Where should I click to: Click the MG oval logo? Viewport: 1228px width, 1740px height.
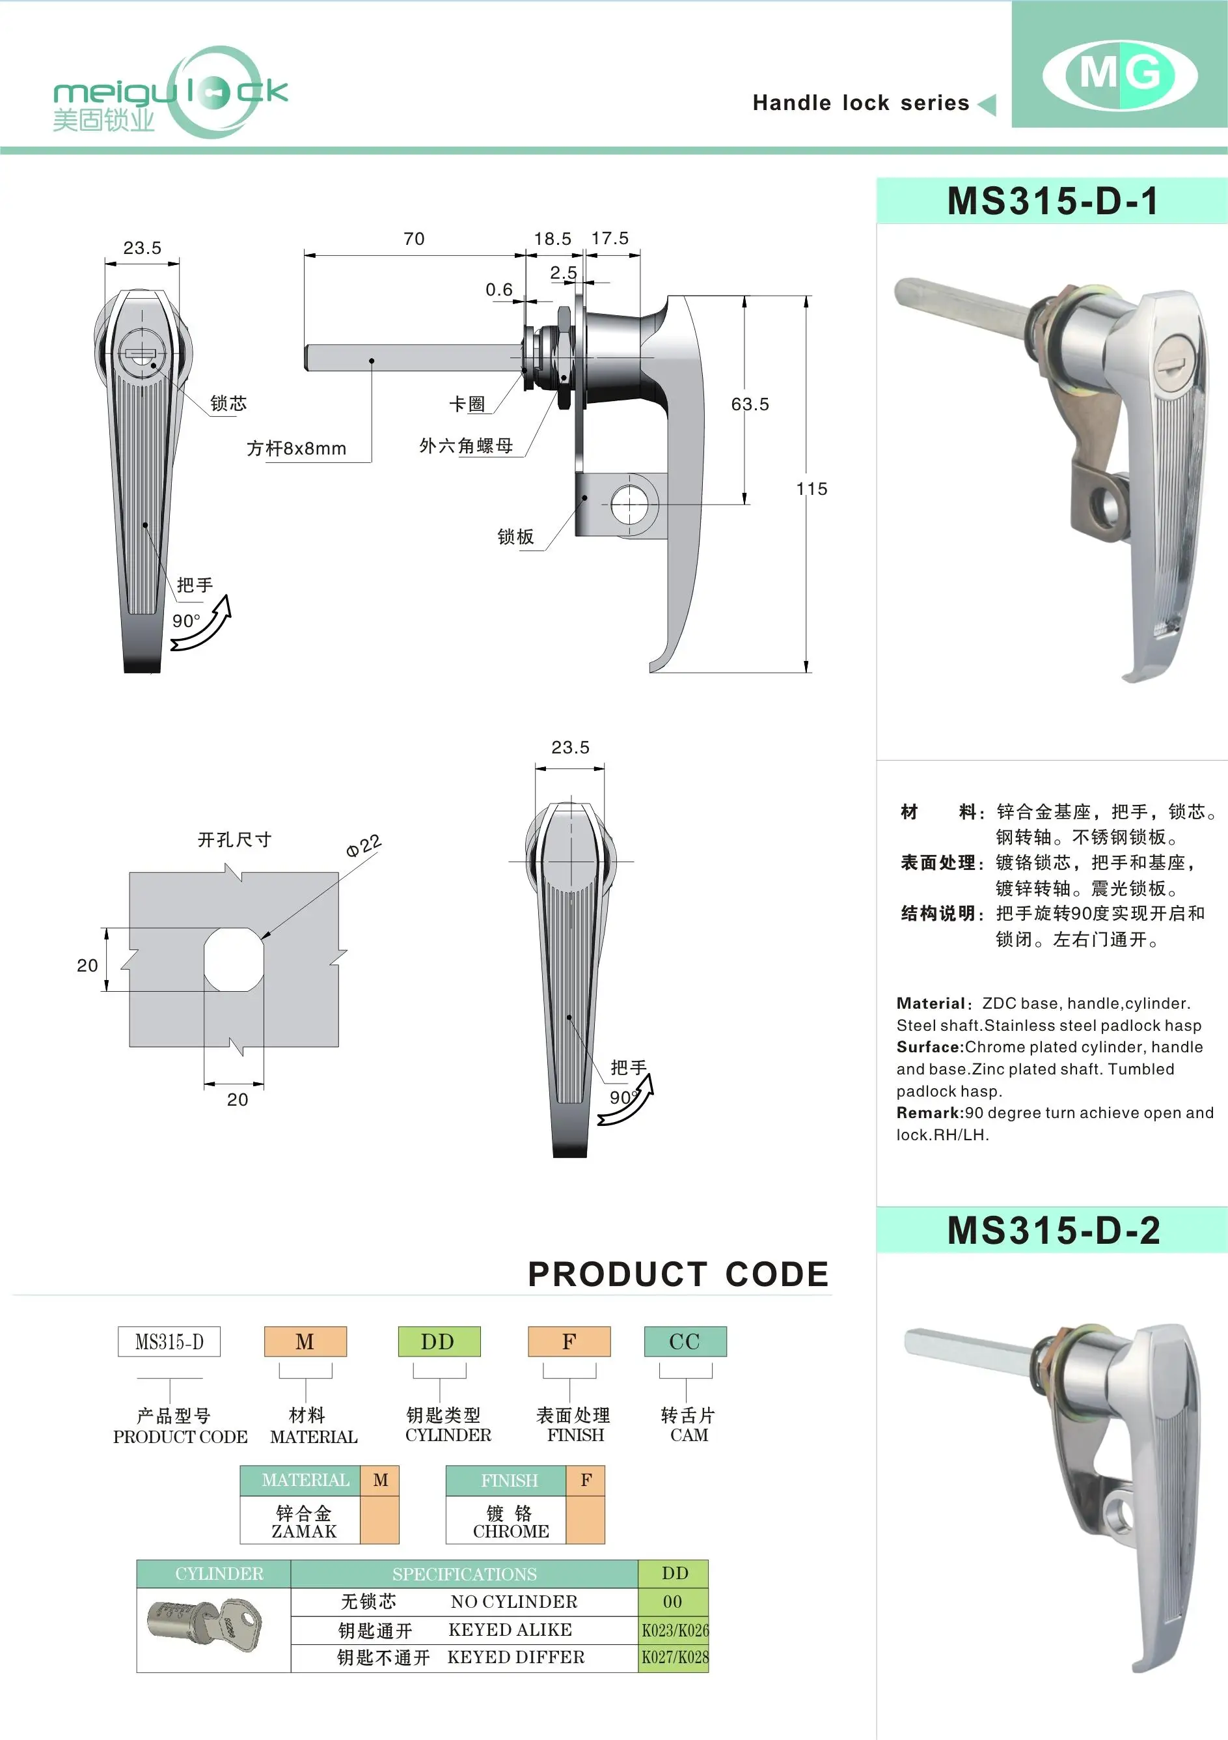[1120, 74]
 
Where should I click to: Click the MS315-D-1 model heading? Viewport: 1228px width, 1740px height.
[1052, 202]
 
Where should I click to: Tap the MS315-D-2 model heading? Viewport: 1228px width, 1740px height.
[1053, 1230]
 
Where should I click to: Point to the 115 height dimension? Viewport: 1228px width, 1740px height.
[812, 489]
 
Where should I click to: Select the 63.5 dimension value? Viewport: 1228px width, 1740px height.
[749, 404]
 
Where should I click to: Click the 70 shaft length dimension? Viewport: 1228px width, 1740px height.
[414, 239]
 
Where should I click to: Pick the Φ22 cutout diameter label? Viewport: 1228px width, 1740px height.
[363, 846]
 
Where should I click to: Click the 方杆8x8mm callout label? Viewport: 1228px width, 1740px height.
[296, 449]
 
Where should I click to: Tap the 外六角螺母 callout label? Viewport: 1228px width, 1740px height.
[466, 445]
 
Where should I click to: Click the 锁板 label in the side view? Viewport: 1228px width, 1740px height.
[515, 537]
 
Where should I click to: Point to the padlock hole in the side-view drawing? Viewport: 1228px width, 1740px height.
[629, 504]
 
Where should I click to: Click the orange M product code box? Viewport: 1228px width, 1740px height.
[305, 1341]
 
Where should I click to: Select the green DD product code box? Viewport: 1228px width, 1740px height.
[439, 1341]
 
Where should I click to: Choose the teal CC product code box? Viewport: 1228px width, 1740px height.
[685, 1341]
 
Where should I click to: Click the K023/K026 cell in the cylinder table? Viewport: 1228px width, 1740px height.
[674, 1630]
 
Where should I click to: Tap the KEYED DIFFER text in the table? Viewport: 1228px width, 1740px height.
[516, 1657]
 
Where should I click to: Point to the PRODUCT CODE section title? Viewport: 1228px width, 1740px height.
[678, 1274]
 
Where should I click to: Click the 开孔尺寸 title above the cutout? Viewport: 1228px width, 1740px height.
[234, 839]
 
